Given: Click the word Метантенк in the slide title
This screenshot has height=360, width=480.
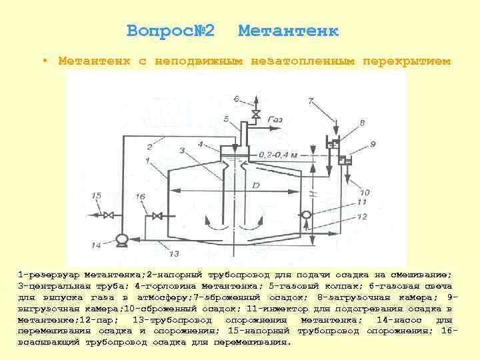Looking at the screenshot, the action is (x=288, y=31).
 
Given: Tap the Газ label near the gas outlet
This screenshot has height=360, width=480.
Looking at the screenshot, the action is (x=275, y=119).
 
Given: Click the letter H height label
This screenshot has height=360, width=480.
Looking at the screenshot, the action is (x=311, y=195).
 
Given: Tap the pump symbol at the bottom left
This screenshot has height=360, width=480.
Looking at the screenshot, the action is (x=121, y=238).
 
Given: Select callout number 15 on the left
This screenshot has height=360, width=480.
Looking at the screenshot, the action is (x=98, y=196).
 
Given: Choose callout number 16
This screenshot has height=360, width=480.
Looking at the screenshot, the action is (x=140, y=197).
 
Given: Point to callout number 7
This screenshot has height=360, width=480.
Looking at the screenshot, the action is (x=311, y=101).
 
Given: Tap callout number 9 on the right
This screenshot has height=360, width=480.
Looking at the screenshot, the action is (x=373, y=143).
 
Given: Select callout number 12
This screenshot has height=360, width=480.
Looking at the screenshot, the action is (x=362, y=216).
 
